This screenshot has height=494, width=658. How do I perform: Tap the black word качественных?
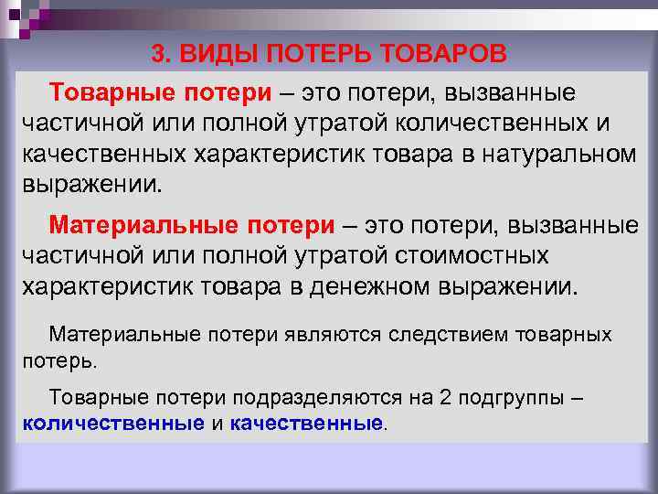101,154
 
